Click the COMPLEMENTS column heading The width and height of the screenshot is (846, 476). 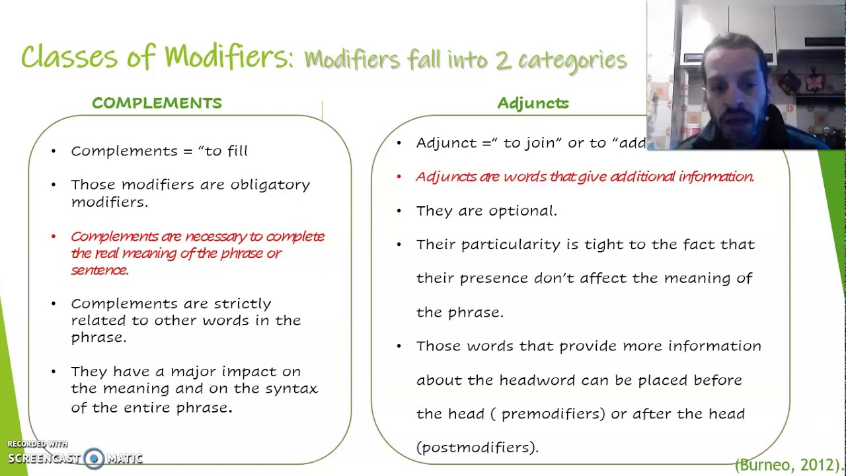[x=157, y=103]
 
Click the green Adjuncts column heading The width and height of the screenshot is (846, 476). [x=533, y=103]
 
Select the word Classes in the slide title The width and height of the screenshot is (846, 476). [x=69, y=58]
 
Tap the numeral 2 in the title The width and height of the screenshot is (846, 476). [x=502, y=60]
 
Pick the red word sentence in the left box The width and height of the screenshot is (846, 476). [x=99, y=270]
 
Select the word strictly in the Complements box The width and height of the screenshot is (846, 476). [x=242, y=303]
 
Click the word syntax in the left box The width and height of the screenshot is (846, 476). [x=291, y=389]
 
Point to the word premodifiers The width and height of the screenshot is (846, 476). [x=553, y=414]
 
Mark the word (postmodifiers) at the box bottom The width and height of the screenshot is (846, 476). [x=477, y=448]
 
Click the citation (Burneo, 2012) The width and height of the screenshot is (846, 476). [x=789, y=465]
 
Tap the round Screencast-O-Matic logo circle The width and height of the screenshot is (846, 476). [x=94, y=458]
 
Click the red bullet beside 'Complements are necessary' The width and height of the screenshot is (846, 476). [x=54, y=237]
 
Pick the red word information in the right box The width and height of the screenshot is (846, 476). [x=716, y=177]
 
